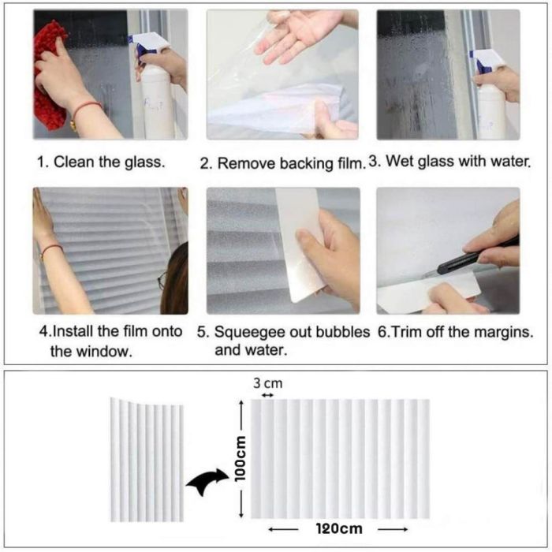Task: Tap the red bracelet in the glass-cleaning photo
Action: click(85, 109)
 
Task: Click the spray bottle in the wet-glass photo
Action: click(490, 95)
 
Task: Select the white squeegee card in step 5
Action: click(299, 243)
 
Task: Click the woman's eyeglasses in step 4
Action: click(162, 280)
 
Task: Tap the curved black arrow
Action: click(207, 481)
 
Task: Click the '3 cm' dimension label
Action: click(267, 383)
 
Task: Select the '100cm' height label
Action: click(240, 458)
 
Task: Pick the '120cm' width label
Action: click(338, 528)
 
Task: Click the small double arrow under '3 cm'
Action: click(267, 395)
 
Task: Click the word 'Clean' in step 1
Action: click(74, 162)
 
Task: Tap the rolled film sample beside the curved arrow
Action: click(147, 460)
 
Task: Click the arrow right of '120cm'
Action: click(393, 529)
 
